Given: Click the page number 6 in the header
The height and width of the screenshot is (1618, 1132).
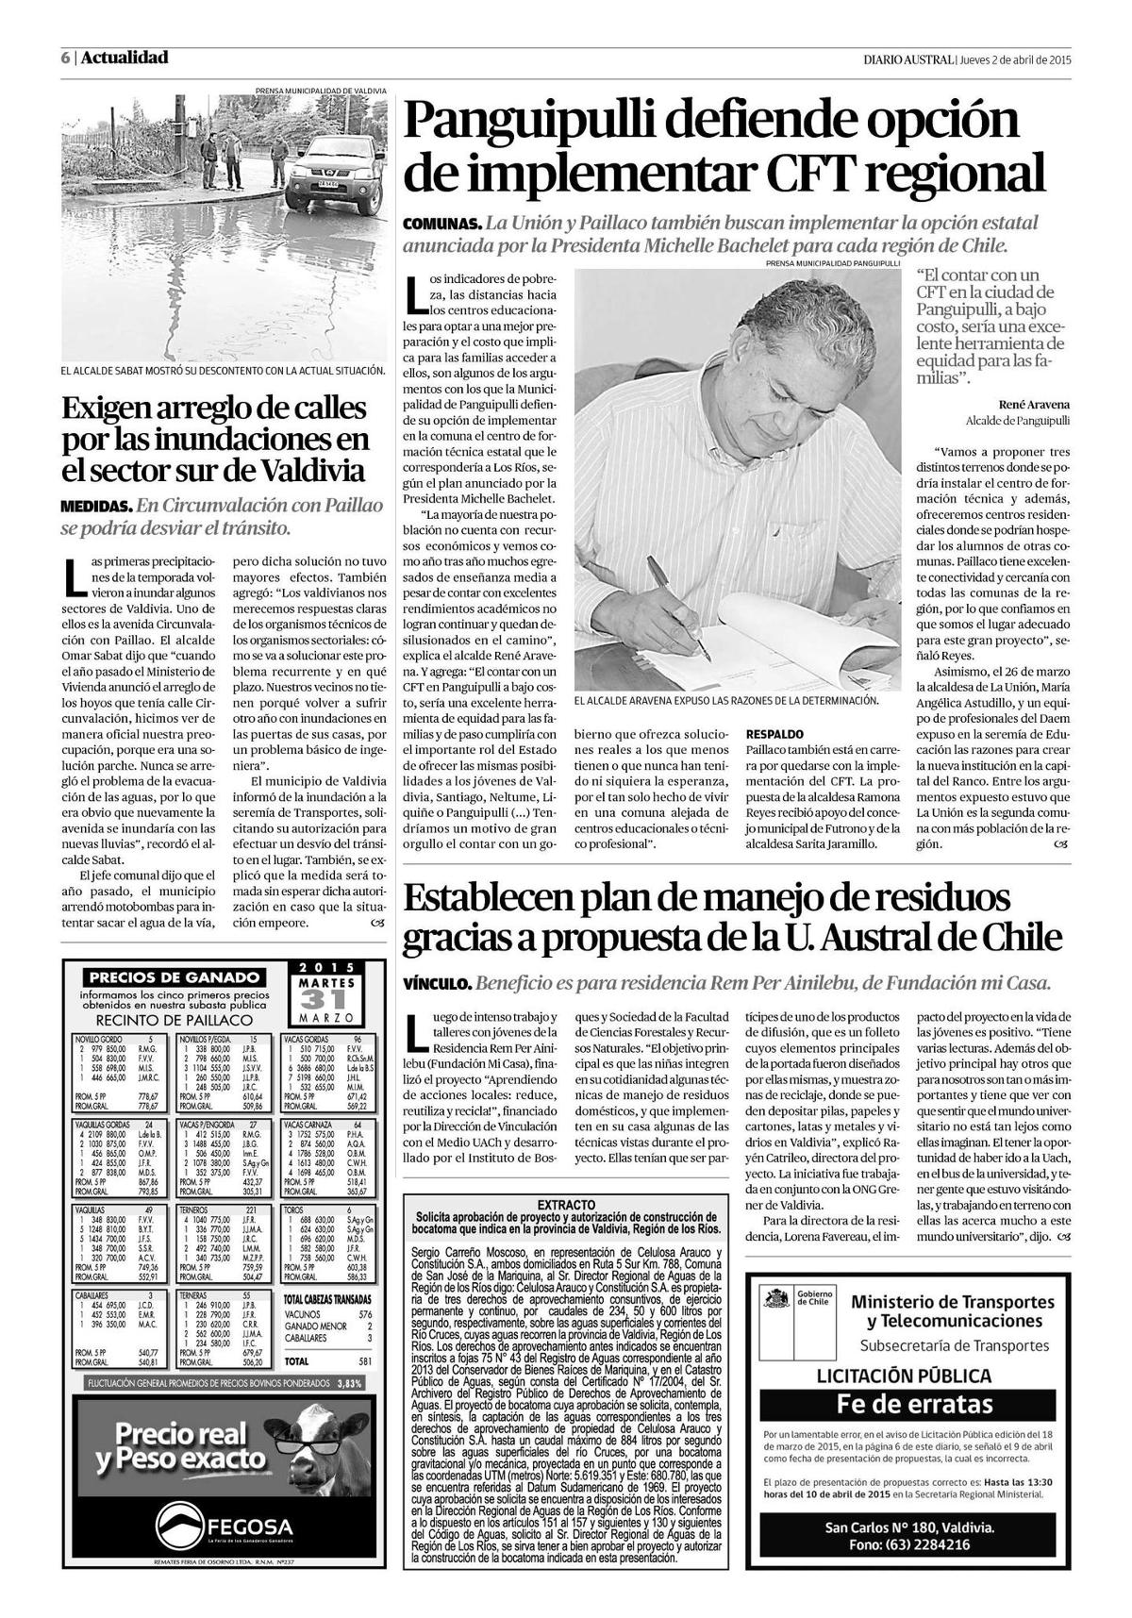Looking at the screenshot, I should click(65, 58).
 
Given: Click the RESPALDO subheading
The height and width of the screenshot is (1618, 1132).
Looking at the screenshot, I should click(774, 732).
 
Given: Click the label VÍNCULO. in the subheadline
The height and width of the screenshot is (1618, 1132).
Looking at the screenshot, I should click(437, 983).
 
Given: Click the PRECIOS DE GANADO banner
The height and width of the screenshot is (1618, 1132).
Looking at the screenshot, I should click(174, 977).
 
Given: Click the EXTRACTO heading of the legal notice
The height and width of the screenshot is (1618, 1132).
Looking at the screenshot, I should click(565, 1205).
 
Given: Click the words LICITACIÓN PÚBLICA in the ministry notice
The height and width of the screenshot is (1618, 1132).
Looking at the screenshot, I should click(903, 1376).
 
